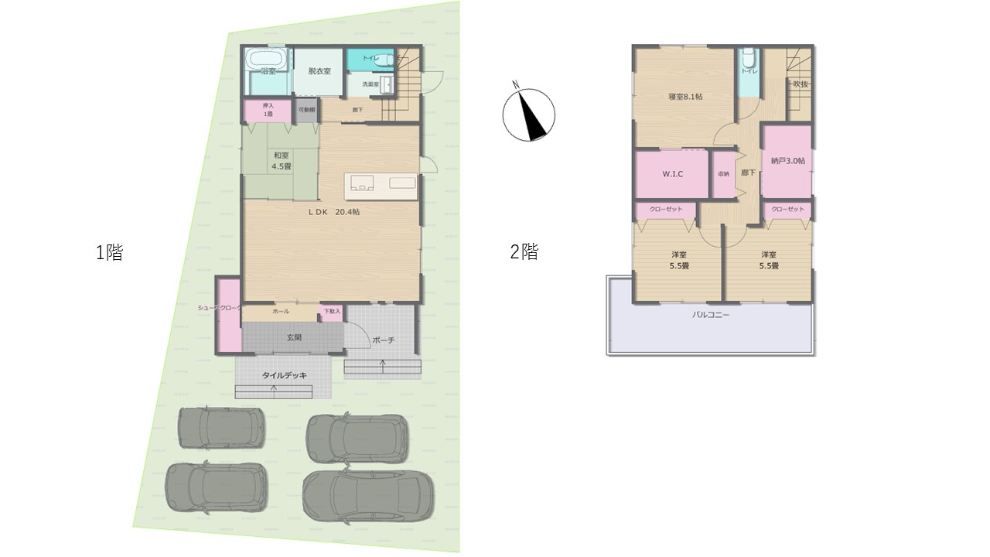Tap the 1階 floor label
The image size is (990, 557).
click(109, 252)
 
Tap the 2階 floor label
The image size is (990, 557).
click(524, 252)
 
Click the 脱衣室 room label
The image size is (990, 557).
click(319, 71)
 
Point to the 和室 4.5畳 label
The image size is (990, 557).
click(281, 160)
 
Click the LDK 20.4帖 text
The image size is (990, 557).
click(335, 211)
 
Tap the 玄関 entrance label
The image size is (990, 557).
click(295, 337)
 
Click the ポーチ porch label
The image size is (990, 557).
click(384, 340)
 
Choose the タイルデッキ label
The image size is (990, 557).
click(284, 375)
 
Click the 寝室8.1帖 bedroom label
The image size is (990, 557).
click(685, 97)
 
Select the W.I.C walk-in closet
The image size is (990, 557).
click(672, 174)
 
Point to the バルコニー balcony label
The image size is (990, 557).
click(710, 316)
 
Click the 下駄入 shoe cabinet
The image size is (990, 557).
click(331, 312)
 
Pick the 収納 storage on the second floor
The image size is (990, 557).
click(723, 174)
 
